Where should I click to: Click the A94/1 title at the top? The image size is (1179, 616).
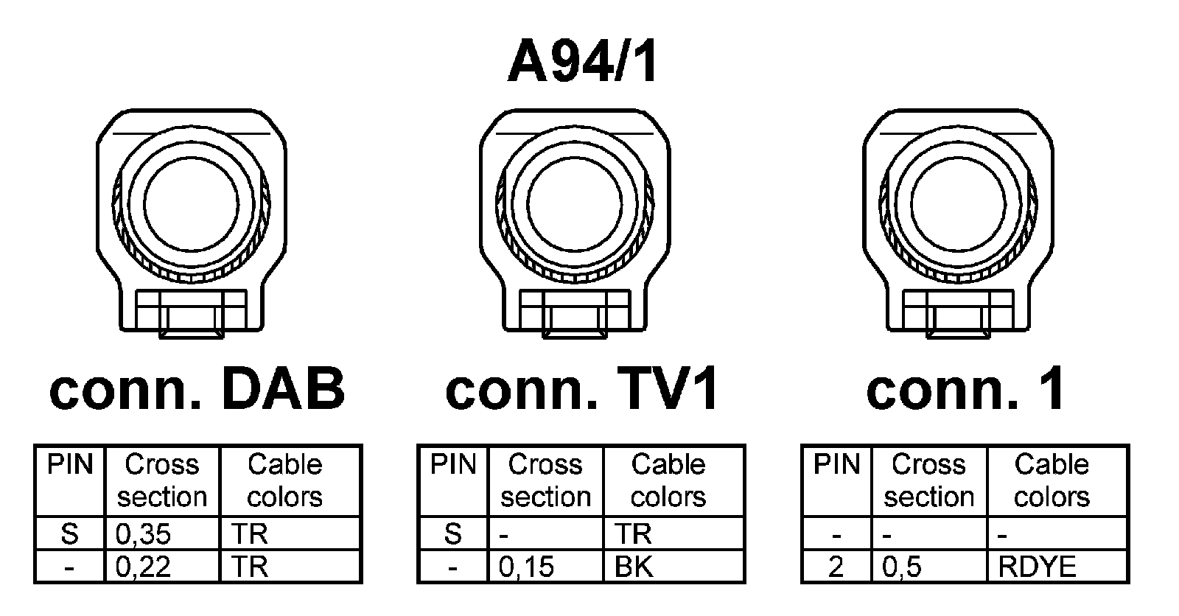582,62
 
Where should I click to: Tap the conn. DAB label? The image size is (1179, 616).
197,389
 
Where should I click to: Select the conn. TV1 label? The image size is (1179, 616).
582,389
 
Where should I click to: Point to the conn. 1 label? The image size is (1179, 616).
965,389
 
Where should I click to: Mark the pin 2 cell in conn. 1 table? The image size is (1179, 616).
836,567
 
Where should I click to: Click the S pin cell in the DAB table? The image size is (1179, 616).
69,533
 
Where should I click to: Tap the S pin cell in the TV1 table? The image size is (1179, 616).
452,533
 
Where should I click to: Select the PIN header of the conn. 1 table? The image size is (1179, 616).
836,465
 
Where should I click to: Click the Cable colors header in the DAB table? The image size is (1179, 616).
285,480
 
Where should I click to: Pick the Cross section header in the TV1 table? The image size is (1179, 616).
545,480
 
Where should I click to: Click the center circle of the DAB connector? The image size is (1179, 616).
192,203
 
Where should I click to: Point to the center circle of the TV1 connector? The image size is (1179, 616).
575,203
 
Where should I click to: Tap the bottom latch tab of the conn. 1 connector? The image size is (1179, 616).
958,323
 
